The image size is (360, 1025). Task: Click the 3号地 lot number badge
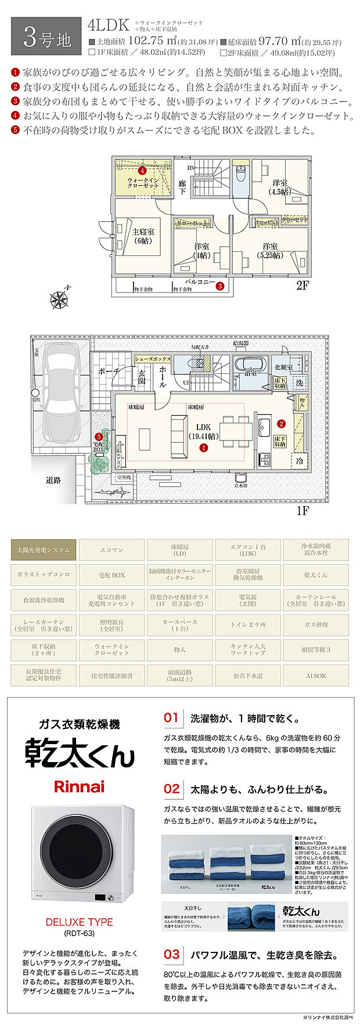pos(46,38)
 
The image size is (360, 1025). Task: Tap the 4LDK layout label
pos(108,26)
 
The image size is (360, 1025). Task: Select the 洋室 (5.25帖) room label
pos(269,250)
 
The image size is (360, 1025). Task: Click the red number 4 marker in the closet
pos(142,171)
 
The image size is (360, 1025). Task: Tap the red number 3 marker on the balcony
pos(220,285)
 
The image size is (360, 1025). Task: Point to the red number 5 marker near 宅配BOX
pos(99,436)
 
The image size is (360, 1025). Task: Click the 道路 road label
pos(53,480)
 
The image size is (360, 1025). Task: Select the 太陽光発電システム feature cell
pos(44,550)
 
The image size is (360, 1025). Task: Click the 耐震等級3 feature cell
pos(316,649)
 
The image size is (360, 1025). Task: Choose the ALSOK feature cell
pos(316,676)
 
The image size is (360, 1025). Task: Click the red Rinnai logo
pos(79,787)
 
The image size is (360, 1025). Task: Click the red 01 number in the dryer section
pos(171,717)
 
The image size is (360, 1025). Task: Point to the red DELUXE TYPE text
pos(79,922)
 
